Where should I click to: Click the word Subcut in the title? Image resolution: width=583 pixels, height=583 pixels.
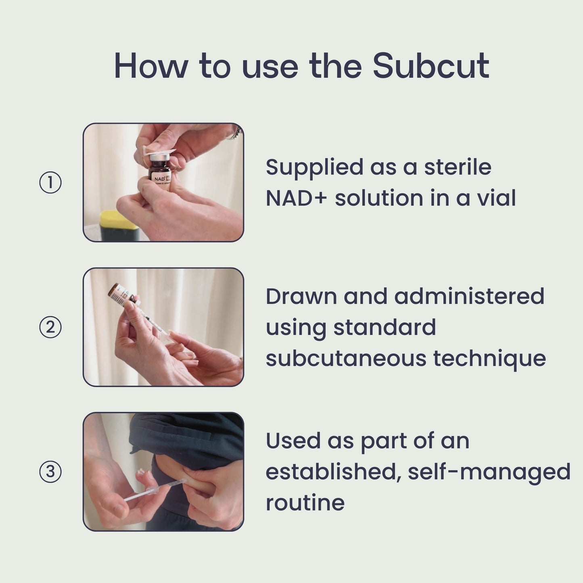pyautogui.click(x=430, y=66)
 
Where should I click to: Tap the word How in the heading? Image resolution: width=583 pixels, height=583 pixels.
pyautogui.click(x=151, y=66)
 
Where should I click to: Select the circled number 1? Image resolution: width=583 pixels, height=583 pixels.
pyautogui.click(x=50, y=183)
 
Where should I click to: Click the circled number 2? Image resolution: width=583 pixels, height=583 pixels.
pyautogui.click(x=50, y=327)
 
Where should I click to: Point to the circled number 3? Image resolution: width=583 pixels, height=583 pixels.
pyautogui.click(x=50, y=472)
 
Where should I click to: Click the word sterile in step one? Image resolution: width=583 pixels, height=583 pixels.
pyautogui.click(x=458, y=167)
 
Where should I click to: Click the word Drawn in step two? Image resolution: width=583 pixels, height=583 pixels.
pyautogui.click(x=301, y=297)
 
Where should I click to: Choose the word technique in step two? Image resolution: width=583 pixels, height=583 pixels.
pyautogui.click(x=489, y=359)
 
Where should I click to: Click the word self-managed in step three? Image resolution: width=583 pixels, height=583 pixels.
pyautogui.click(x=489, y=472)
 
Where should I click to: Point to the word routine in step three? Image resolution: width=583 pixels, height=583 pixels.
pyautogui.click(x=305, y=503)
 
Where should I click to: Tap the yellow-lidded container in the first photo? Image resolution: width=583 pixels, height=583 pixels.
pyautogui.click(x=119, y=226)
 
